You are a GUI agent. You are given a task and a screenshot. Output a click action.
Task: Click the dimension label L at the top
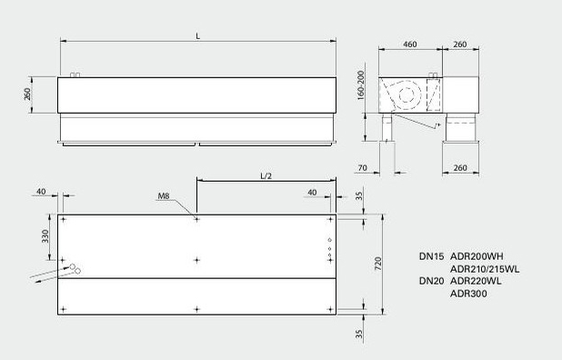click(198, 35)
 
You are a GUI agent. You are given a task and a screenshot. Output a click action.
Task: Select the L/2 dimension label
click(266, 175)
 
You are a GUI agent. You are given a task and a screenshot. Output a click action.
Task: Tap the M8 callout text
click(164, 196)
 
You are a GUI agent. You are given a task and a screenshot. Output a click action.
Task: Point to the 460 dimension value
click(410, 45)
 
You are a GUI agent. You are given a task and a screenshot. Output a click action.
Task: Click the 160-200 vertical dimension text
click(360, 85)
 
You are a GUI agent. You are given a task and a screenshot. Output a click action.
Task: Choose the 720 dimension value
click(378, 264)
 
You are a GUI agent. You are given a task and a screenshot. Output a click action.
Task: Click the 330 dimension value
click(45, 236)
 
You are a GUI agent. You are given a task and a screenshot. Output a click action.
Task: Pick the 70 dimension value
click(363, 167)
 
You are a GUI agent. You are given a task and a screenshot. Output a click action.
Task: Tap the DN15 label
click(432, 256)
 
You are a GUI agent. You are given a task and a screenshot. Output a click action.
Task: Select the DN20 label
click(432, 281)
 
